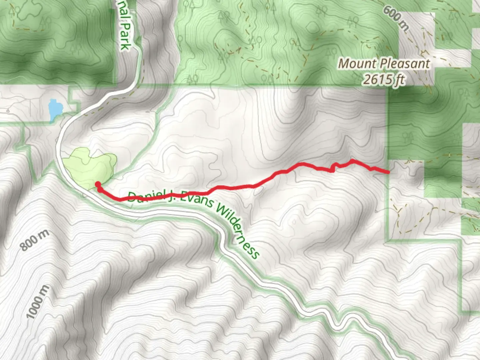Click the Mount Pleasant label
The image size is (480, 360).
[384, 64]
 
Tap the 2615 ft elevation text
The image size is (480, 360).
[384, 80]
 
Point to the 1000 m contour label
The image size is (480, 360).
[37, 302]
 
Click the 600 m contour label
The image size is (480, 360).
[395, 19]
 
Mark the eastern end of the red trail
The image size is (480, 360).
[388, 172]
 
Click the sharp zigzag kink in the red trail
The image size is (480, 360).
[333, 168]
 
